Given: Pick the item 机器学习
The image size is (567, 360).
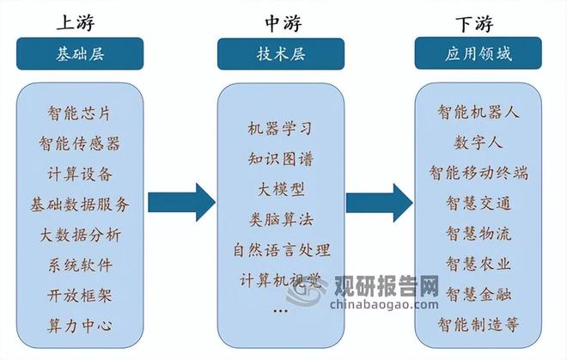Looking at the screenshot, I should (280, 128).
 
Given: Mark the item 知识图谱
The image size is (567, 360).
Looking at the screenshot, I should (280, 158).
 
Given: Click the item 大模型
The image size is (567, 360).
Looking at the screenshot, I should (280, 188).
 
